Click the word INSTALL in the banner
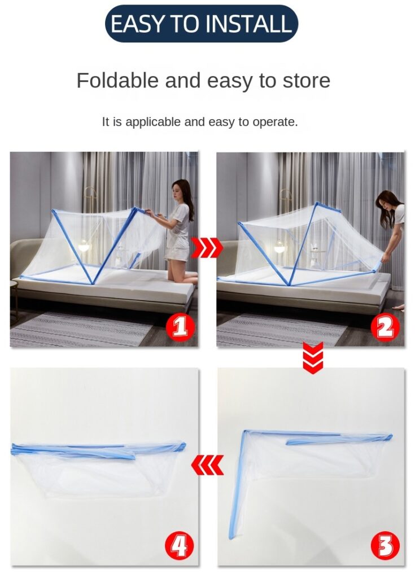pos(248,24)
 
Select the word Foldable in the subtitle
pos(117,80)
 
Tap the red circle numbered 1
pos(180,327)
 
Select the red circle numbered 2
pos(385,327)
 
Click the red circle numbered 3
pos(385,546)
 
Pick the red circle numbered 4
pos(180,546)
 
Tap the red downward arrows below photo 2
pos(313,357)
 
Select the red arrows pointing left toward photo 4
pos(207,465)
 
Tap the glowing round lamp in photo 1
pos(84,246)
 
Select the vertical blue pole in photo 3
pos(238,485)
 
